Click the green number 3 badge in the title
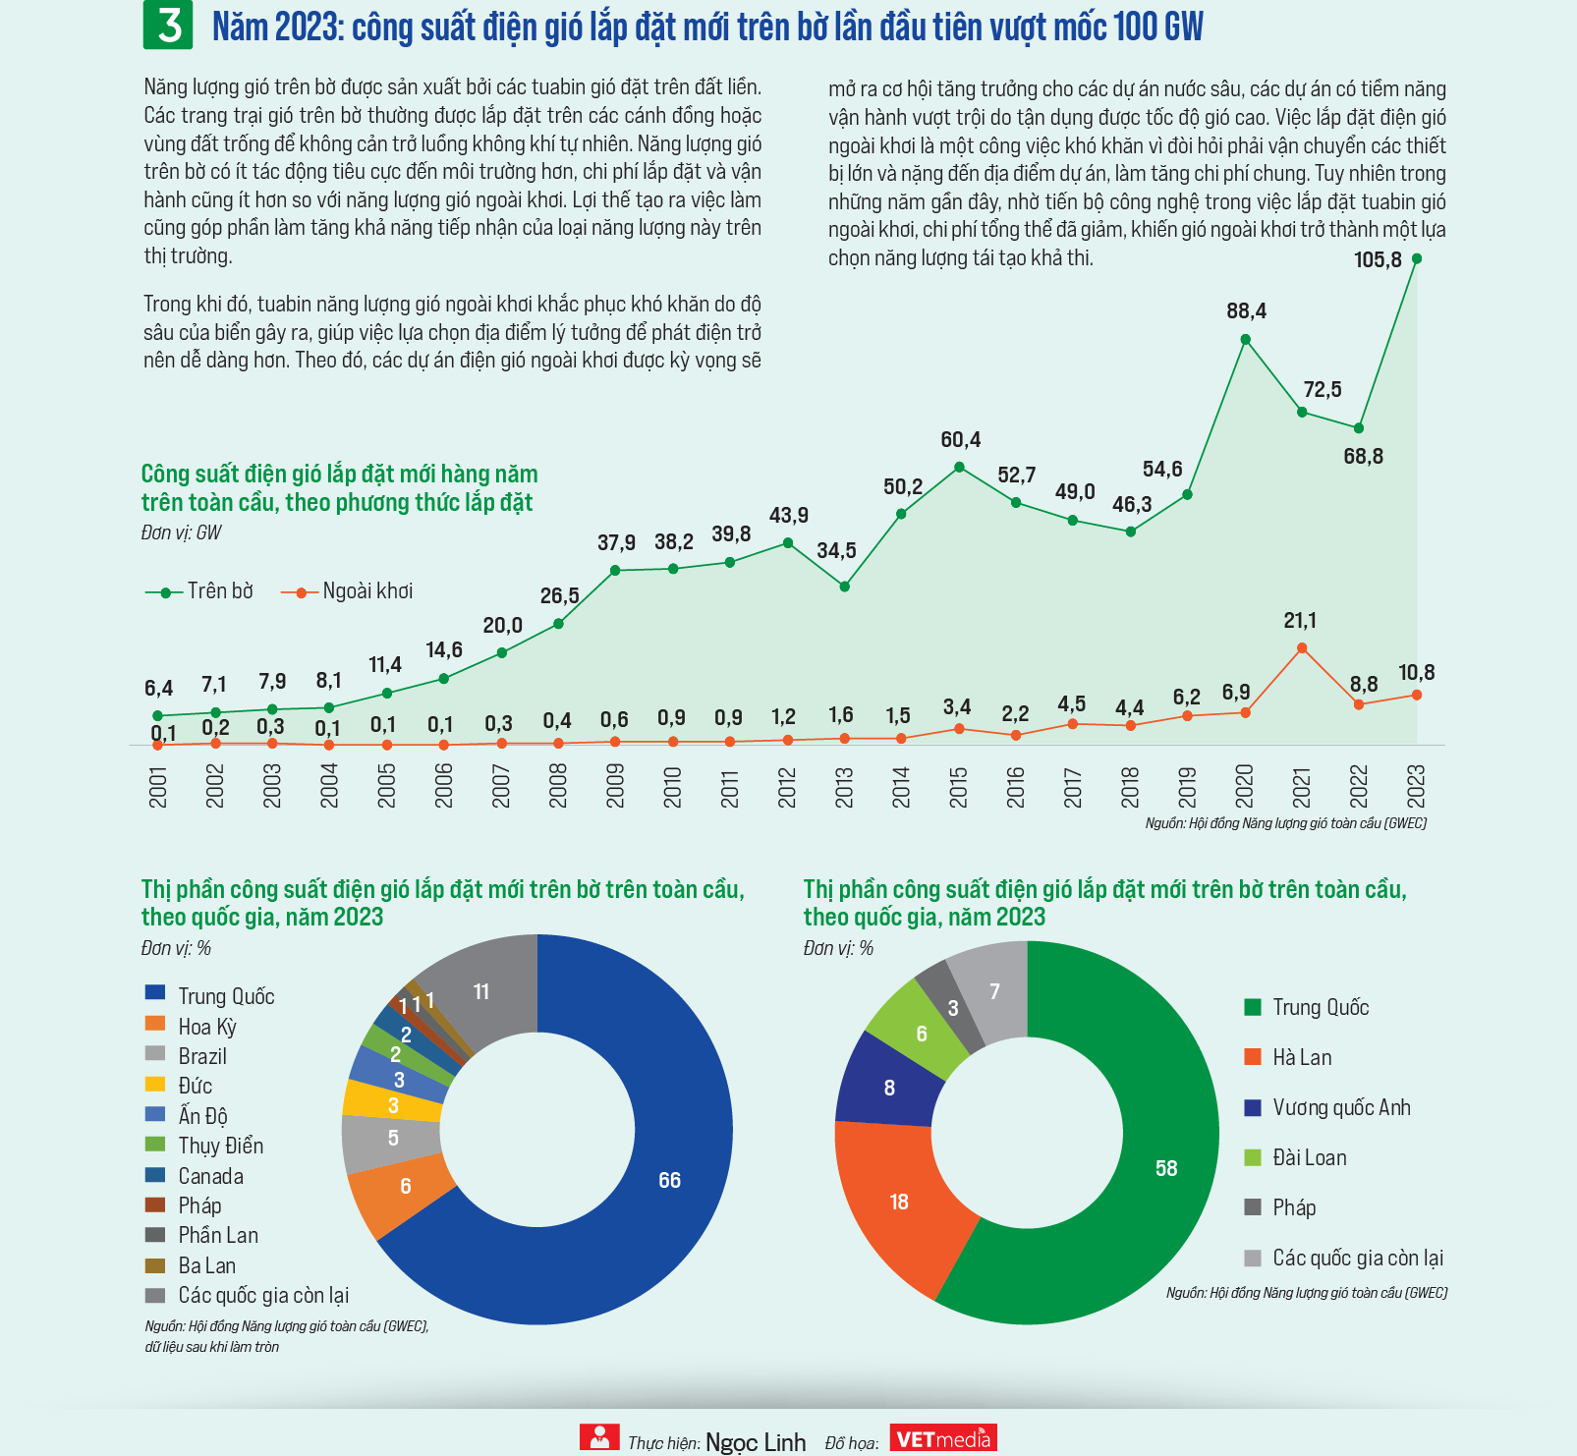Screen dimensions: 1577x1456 click(x=168, y=25)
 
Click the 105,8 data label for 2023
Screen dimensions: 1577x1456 click(x=1378, y=260)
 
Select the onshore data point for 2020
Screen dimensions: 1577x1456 click(x=1245, y=339)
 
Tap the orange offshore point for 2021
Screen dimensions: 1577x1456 click(x=1302, y=647)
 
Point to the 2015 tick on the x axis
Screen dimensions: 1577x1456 click(x=959, y=787)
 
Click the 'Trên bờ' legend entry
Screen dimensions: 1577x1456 click(x=199, y=591)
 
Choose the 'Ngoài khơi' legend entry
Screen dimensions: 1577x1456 click(x=347, y=591)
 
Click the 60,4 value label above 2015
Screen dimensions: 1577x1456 click(x=960, y=440)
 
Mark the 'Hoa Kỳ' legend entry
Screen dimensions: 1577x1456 click(x=192, y=1027)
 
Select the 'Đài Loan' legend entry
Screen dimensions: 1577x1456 click(x=1295, y=1158)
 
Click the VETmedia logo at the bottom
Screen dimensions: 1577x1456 click(x=943, y=1438)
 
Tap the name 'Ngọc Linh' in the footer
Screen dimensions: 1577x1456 click(x=756, y=1442)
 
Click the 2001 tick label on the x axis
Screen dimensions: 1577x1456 click(x=158, y=788)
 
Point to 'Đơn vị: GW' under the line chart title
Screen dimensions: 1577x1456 click(x=182, y=532)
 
